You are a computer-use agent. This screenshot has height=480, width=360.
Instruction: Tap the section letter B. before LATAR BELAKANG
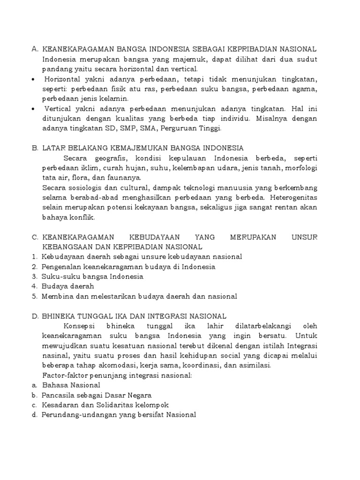[x=35, y=149]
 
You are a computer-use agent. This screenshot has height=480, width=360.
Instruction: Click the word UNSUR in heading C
[x=304, y=237]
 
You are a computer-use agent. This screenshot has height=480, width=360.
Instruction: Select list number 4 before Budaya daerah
[x=34, y=286]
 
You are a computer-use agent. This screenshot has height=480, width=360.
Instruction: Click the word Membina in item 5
[x=56, y=296]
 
